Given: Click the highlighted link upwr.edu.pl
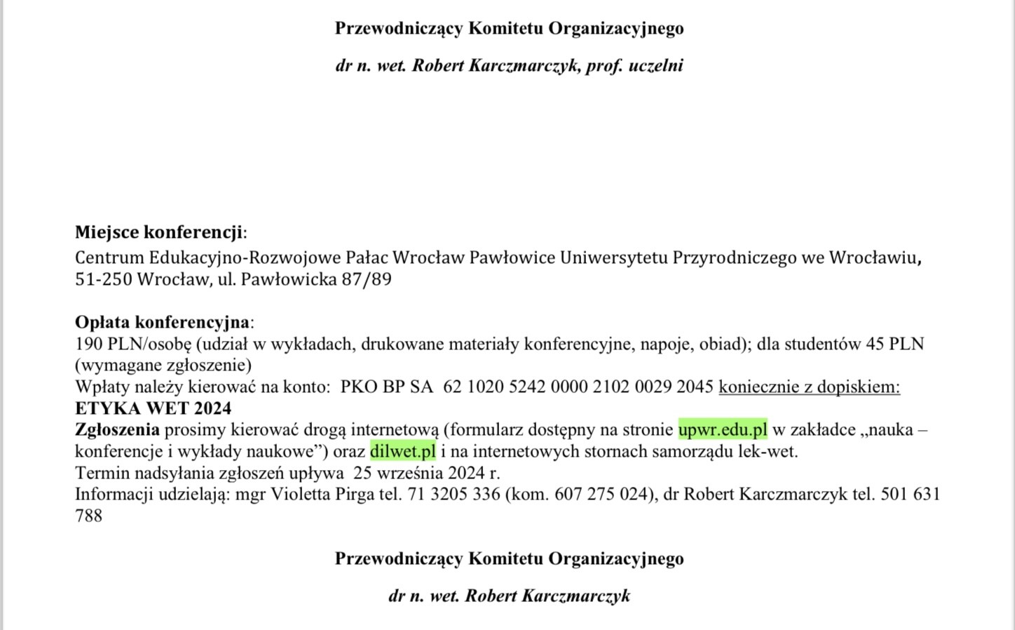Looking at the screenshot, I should coord(723,429).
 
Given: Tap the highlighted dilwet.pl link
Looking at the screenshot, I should coord(403,451).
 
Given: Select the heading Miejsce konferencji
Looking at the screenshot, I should coord(159,232).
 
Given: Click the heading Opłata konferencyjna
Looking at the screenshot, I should coord(162,322).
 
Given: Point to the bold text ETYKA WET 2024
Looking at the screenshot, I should coord(153,408).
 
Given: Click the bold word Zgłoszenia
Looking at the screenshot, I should coord(117,429).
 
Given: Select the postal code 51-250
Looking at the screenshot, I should coord(103,279).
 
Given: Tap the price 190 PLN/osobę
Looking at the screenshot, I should coord(132,344).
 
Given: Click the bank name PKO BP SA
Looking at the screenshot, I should coord(387,387).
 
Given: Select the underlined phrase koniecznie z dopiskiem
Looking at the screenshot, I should coord(809,387).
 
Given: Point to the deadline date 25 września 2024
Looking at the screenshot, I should coord(419,472).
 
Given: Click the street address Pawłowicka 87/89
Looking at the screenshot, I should coord(316,279).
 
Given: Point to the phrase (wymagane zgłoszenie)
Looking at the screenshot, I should coord(163,365).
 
